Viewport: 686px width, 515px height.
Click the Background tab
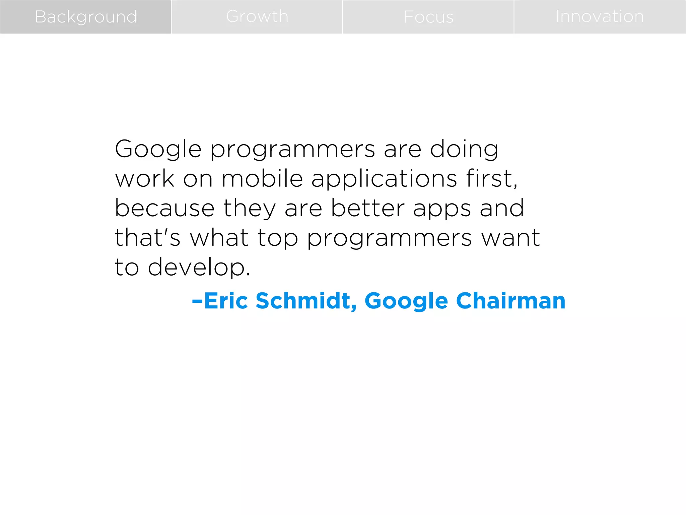(86, 17)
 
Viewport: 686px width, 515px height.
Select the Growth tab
(257, 17)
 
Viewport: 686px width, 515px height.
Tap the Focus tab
(428, 17)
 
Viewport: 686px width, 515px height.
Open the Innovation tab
(600, 17)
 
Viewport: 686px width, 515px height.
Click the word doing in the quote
(464, 149)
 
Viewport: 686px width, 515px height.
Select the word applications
(384, 179)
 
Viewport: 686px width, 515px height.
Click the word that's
(147, 237)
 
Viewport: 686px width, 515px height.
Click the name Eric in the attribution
(226, 300)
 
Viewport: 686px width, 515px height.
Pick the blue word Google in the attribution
(406, 301)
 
